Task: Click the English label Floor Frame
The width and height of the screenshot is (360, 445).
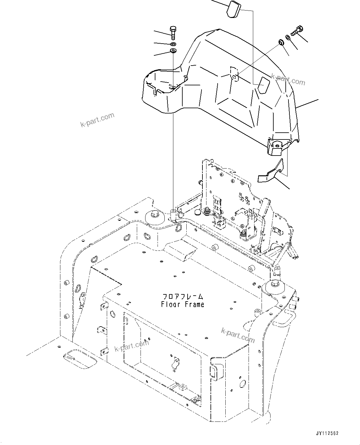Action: pos(183,304)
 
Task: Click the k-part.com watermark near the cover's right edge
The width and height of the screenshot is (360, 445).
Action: pos(288,79)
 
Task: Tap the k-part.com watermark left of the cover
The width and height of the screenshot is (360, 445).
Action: pos(97,120)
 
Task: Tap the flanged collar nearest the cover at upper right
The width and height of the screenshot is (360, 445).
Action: pos(281,41)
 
